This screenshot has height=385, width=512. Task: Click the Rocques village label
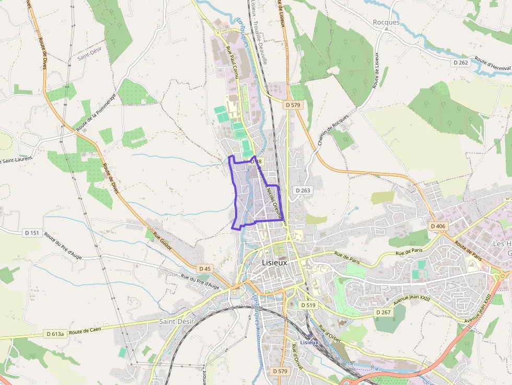click(x=386, y=22)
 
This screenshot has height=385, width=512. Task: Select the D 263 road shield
click(x=302, y=191)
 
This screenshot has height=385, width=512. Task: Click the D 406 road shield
click(x=438, y=226)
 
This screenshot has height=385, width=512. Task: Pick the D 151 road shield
click(x=31, y=232)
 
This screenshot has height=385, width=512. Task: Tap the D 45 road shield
click(x=205, y=269)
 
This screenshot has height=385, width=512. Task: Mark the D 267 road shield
click(x=383, y=312)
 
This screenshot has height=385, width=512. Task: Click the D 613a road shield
click(x=55, y=334)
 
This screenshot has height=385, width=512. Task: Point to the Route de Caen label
click(x=85, y=330)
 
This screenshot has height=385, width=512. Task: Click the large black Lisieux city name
click(x=274, y=263)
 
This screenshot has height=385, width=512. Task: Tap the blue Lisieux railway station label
click(x=309, y=343)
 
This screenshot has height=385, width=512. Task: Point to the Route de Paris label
click(x=468, y=251)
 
